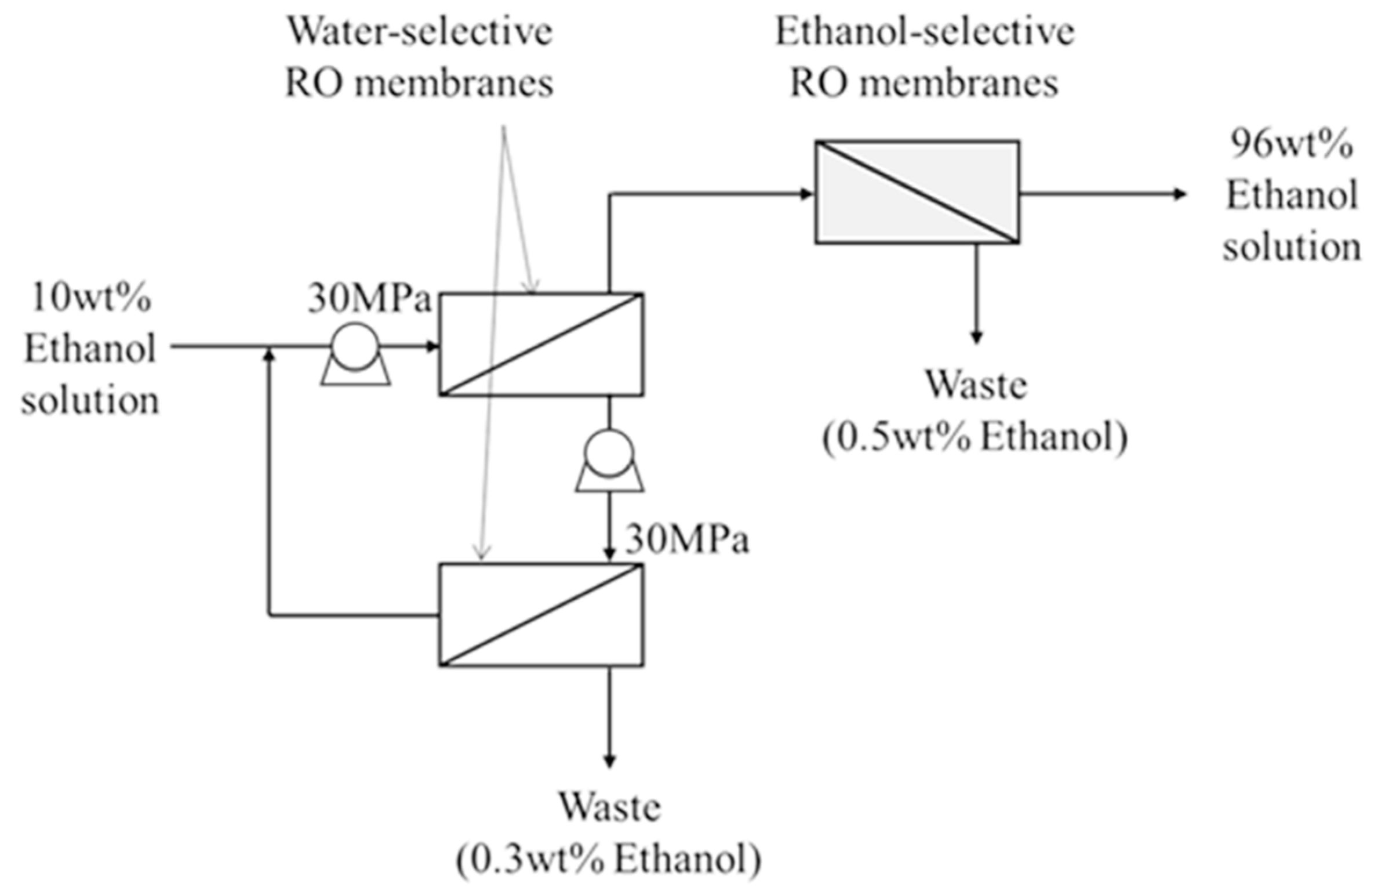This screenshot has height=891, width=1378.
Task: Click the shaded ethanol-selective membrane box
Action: [x=917, y=192]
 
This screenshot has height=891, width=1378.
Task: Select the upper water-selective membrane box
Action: [x=541, y=345]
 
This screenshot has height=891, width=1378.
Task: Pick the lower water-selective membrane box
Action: [x=541, y=614]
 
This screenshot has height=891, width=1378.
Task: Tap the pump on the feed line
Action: [x=355, y=352]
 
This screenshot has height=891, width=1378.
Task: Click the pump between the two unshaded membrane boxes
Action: [x=609, y=460]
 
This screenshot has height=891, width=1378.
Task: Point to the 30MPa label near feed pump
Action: [x=369, y=300]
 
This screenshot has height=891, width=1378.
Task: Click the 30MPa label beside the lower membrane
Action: [x=686, y=540]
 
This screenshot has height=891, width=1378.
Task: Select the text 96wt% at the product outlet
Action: [x=1292, y=144]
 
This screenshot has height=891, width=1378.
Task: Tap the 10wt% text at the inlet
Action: [x=91, y=298]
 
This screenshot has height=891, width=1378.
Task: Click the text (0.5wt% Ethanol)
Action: [x=975, y=437]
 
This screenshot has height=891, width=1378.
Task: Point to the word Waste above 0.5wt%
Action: [x=976, y=385]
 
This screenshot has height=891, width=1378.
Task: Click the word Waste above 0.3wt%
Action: [x=609, y=807]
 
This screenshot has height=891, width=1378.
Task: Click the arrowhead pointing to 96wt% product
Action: [x=1179, y=194]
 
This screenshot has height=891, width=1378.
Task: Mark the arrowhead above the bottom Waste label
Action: [x=609, y=760]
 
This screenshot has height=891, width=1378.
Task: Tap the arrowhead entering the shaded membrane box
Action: [x=806, y=194]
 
